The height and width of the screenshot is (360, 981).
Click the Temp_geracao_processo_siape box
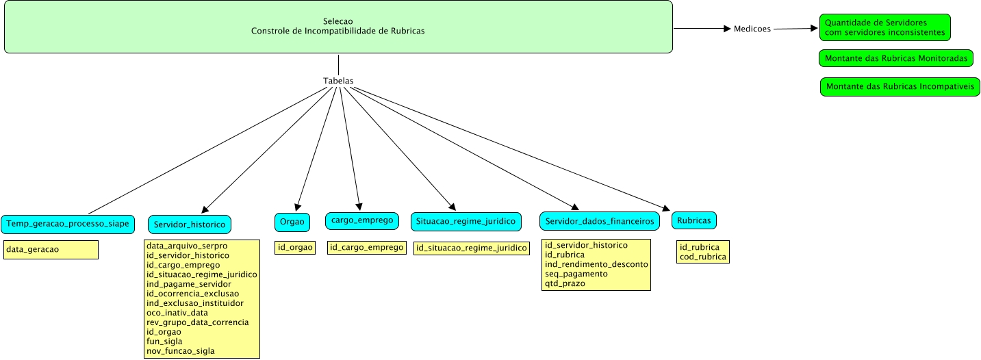point(67,223)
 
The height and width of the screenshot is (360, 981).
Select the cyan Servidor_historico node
point(189,224)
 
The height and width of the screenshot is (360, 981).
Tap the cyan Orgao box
point(292,222)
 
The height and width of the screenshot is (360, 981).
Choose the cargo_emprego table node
point(361,220)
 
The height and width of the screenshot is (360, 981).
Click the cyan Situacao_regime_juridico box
point(466,222)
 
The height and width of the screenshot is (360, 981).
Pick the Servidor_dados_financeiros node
point(600,221)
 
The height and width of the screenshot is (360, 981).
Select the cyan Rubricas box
point(694,220)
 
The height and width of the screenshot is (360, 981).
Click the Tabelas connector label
point(338,81)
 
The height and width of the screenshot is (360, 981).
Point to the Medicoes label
point(752,29)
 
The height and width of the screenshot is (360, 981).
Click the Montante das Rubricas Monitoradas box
point(895,59)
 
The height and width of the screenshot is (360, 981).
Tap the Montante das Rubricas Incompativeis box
point(900,87)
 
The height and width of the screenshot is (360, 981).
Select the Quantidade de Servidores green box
point(884,27)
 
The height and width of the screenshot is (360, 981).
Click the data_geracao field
point(32,250)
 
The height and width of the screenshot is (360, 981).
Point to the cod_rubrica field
point(702,257)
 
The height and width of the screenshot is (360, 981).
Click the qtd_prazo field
point(565,283)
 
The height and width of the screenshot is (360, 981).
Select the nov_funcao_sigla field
point(181,351)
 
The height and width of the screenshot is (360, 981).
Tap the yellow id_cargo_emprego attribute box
point(366,247)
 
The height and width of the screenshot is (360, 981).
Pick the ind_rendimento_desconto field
point(596,264)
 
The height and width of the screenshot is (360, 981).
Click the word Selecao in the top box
point(338,21)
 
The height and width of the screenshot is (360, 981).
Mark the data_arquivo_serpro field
point(187,245)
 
